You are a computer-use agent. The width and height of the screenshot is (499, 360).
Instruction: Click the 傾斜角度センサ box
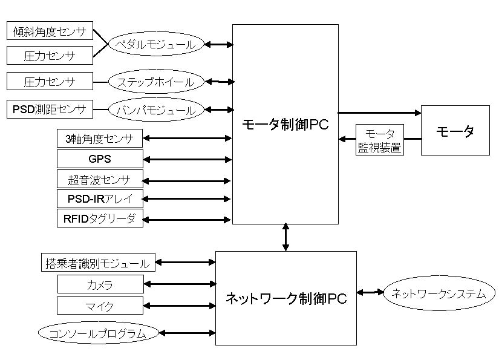click(x=50, y=31)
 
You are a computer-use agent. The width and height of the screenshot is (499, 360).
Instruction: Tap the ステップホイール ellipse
click(x=155, y=82)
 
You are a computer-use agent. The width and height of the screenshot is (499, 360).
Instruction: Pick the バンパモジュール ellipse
click(x=155, y=110)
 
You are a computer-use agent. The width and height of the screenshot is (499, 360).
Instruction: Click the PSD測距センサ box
click(x=50, y=110)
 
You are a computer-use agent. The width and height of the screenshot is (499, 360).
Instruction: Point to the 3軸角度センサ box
click(x=100, y=139)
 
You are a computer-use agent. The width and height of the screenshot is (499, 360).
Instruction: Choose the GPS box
click(x=100, y=159)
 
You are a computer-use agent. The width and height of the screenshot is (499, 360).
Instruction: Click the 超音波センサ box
click(x=100, y=180)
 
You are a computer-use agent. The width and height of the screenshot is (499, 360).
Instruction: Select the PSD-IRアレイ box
click(x=100, y=198)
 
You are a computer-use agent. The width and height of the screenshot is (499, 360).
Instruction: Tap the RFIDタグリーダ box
click(x=100, y=218)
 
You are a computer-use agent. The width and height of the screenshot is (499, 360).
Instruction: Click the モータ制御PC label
click(x=285, y=125)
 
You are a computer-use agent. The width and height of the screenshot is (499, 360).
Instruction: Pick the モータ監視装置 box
click(x=379, y=140)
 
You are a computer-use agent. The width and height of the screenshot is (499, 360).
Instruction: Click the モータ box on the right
click(x=455, y=131)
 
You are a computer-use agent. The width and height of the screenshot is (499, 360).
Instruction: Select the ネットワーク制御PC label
click(x=285, y=298)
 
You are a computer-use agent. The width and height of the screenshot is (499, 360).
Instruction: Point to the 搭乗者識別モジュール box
click(x=97, y=263)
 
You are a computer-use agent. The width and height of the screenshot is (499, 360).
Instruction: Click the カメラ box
click(x=100, y=284)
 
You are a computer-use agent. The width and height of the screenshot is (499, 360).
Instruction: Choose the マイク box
click(x=100, y=305)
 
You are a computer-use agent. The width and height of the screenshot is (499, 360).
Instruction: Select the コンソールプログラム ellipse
click(x=97, y=332)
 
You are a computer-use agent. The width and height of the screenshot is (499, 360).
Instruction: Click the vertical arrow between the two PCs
click(x=285, y=237)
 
